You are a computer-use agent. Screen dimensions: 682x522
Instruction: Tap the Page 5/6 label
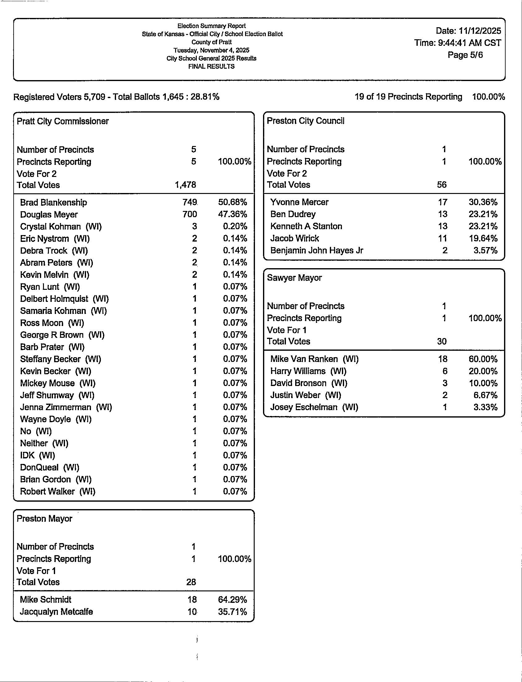point(465,55)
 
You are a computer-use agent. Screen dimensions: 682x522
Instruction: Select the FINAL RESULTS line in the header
point(211,66)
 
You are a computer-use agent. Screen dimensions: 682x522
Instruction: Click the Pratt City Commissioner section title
point(63,121)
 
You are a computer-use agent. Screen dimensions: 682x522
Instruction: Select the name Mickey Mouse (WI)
point(58,383)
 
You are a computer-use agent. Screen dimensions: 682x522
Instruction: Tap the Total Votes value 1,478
point(185,185)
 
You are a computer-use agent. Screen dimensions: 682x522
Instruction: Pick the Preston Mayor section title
point(45,519)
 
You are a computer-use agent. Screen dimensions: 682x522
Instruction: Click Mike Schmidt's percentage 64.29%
point(232,600)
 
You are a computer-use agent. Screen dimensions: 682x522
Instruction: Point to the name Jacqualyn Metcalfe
point(56,612)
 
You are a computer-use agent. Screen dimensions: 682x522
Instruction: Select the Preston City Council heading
point(305,121)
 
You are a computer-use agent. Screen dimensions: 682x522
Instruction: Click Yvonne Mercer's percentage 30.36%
point(483,202)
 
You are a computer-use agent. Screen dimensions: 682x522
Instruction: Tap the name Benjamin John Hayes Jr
point(317,250)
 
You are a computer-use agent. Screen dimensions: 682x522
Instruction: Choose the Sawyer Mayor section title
point(294,278)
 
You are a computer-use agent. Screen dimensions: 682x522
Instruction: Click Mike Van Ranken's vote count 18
point(442,359)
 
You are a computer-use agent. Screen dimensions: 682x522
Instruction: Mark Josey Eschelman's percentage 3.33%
point(485,407)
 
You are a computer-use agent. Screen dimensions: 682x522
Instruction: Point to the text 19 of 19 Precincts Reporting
point(408,97)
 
